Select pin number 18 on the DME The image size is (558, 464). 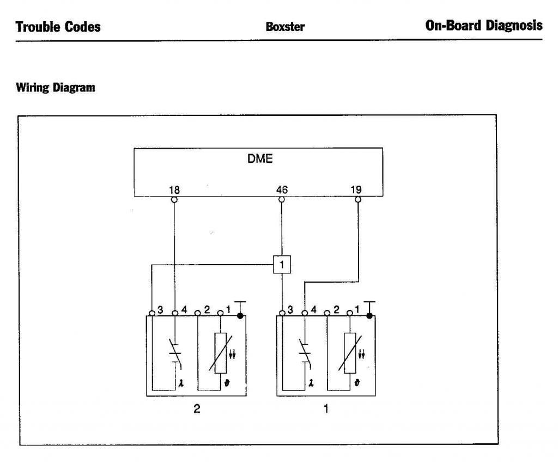pyautogui.click(x=174, y=190)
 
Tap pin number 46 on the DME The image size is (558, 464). pyautogui.click(x=281, y=190)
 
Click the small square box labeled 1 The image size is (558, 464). pyautogui.click(x=281, y=265)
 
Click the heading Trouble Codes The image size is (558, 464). pyautogui.click(x=58, y=26)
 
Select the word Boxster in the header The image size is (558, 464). pyautogui.click(x=285, y=27)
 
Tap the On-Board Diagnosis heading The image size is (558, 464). pyautogui.click(x=484, y=26)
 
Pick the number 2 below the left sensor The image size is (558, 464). pyautogui.click(x=197, y=410)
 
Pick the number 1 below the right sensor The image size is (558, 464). pyautogui.click(x=326, y=410)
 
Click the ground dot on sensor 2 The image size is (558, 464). pyautogui.click(x=240, y=315)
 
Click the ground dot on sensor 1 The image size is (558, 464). pyautogui.click(x=369, y=315)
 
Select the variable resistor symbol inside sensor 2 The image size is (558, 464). pyautogui.click(x=220, y=353)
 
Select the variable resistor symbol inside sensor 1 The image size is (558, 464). pyautogui.click(x=349, y=353)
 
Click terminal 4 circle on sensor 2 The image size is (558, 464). pyautogui.click(x=174, y=313)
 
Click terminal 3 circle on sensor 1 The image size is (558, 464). pyautogui.click(x=282, y=313)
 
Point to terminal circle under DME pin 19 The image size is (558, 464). pyautogui.click(x=357, y=200)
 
